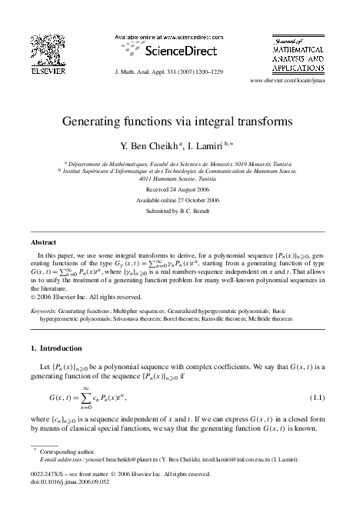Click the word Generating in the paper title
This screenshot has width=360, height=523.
point(93,122)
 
